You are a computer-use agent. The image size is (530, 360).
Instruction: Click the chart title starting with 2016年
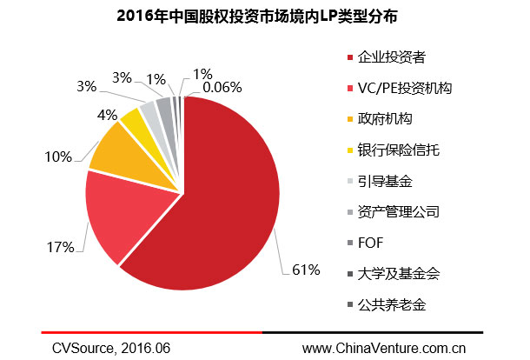coord(265,17)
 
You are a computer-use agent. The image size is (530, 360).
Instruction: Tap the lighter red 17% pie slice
coord(122,213)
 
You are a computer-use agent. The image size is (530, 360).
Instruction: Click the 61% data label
coord(307,270)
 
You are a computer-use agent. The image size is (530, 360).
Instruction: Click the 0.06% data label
coord(222,87)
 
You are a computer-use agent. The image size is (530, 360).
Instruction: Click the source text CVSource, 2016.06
coord(110,348)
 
